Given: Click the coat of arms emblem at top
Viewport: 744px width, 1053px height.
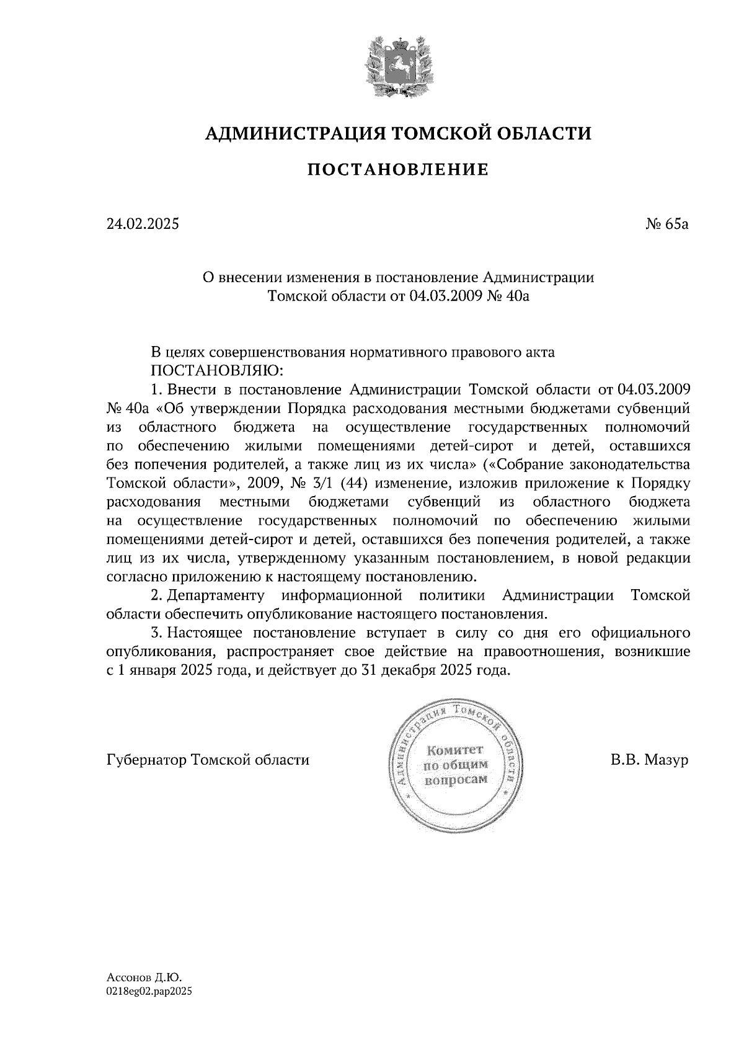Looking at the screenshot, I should (397, 67).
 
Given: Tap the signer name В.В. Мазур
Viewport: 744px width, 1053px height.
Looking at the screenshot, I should (649, 760).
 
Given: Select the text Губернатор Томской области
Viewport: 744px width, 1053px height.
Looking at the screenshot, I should (208, 760).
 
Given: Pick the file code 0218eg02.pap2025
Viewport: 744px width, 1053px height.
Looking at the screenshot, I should (149, 992).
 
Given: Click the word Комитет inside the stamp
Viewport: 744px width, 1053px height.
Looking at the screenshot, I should (456, 750).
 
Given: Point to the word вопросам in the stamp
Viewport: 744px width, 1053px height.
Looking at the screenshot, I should (456, 779).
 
